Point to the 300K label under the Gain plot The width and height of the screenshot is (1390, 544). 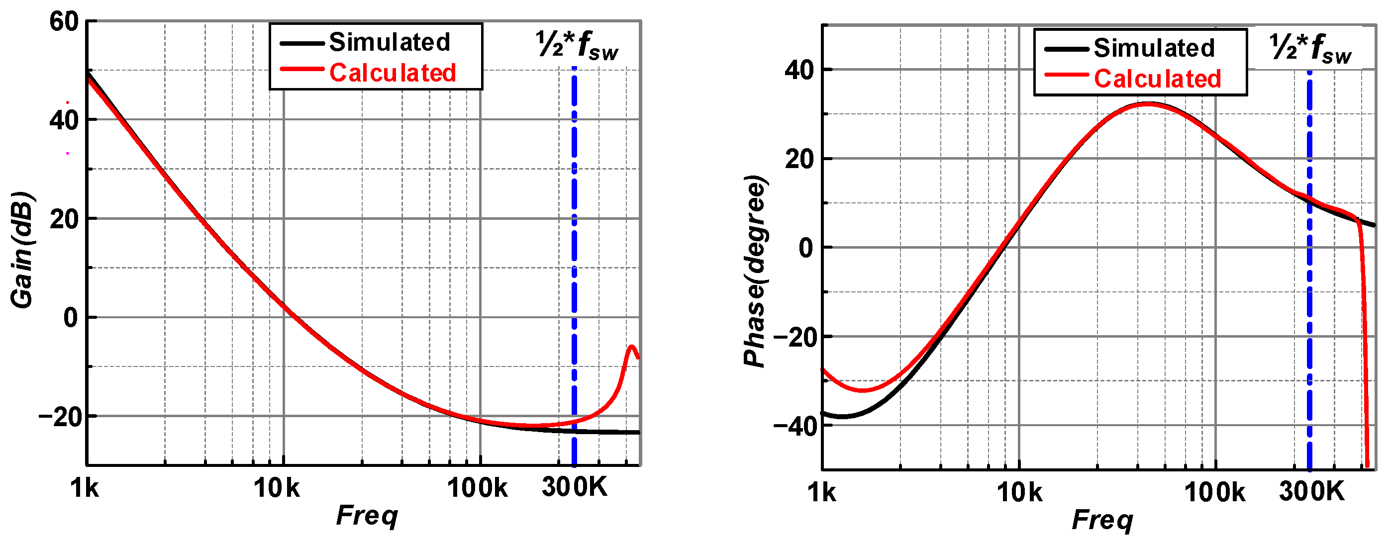574,487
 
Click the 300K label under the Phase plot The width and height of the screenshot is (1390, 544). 1311,491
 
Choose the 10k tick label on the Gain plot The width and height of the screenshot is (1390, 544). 276,488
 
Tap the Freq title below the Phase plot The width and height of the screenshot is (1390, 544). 1102,520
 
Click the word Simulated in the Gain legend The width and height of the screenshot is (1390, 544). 390,42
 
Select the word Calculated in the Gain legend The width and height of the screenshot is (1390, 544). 393,73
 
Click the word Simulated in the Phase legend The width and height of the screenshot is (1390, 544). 1154,48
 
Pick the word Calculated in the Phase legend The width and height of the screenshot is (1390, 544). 1158,79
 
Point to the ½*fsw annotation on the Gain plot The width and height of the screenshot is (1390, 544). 577,45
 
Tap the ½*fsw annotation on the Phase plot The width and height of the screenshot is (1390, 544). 1311,49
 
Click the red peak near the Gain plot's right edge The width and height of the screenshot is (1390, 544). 631,347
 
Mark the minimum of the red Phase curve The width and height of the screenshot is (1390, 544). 862,390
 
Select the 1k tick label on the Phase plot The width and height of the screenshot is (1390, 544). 821,492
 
